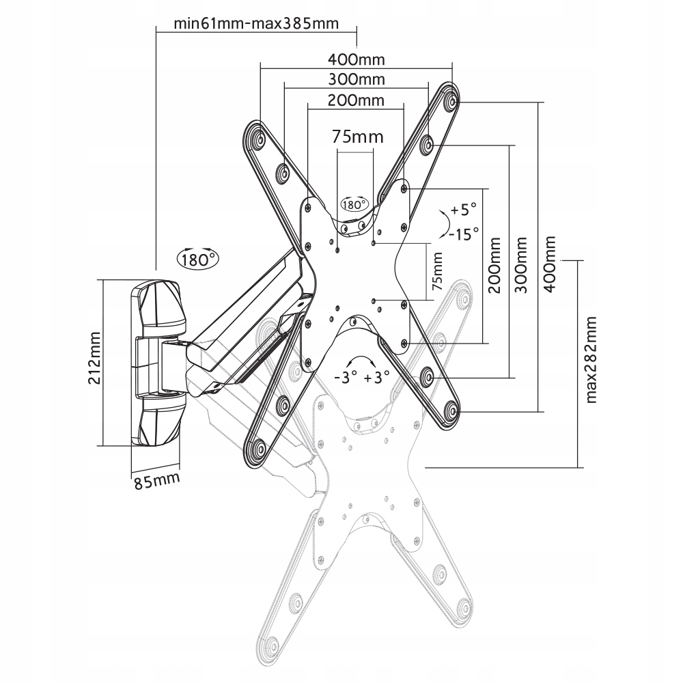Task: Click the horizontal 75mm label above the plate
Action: [x=358, y=137]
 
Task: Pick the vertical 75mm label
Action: [x=438, y=271]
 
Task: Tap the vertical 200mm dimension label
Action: [x=495, y=265]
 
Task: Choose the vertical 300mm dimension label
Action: [x=521, y=265]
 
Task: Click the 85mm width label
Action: [x=156, y=481]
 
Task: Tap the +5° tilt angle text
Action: [x=462, y=210]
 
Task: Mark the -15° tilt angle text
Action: [x=464, y=234]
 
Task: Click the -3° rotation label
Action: [x=344, y=377]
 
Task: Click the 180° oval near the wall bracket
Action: [x=197, y=259]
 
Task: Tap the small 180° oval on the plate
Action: [x=354, y=204]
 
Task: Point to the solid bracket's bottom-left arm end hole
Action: [x=257, y=449]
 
